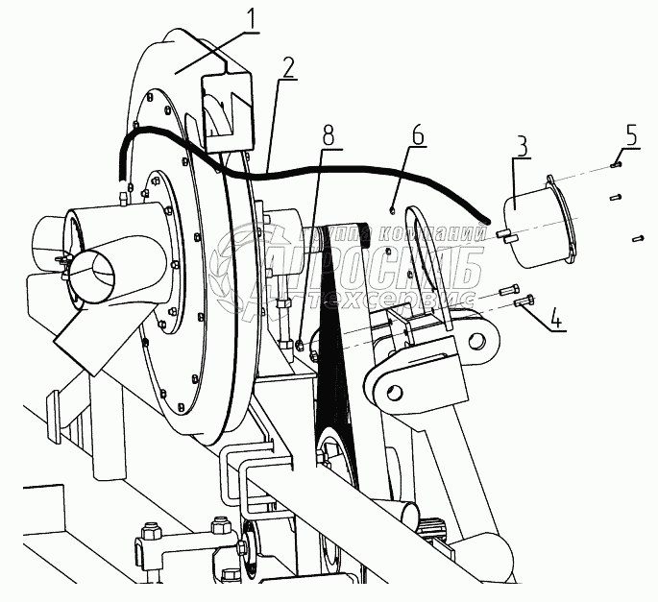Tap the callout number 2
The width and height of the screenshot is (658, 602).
(286, 67)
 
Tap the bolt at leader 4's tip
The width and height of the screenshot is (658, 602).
(524, 301)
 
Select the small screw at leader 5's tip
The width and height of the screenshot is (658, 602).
(615, 165)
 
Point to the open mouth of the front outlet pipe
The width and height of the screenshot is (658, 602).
(89, 275)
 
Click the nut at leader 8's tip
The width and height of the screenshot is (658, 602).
(300, 343)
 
